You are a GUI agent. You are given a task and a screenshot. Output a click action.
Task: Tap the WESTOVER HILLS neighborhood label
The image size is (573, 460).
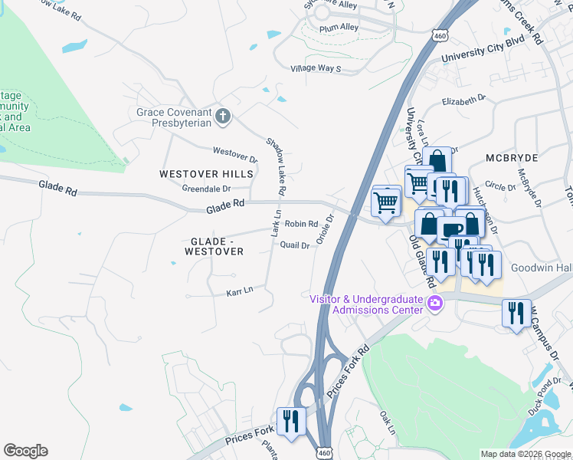(x=206, y=174)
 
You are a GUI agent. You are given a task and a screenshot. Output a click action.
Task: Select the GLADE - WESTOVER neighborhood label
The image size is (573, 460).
(x=217, y=245)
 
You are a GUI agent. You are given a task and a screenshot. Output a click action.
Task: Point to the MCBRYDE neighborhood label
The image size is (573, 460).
(x=512, y=157)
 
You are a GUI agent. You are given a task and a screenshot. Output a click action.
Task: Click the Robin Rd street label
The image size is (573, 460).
(x=301, y=224)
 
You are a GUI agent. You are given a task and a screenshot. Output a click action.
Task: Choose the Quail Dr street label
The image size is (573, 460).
(x=295, y=245)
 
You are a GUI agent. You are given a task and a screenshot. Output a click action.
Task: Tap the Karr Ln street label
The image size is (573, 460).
(x=239, y=292)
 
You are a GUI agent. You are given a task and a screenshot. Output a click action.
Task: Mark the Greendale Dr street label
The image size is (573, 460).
(x=206, y=189)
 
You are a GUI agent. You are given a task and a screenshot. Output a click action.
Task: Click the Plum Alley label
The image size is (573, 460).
(x=340, y=28)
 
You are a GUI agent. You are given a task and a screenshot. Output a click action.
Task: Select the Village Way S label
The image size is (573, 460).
(x=316, y=68)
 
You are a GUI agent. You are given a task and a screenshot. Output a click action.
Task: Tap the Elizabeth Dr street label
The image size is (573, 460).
(x=464, y=99)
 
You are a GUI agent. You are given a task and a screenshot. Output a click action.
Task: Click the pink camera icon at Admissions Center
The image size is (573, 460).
(x=435, y=304)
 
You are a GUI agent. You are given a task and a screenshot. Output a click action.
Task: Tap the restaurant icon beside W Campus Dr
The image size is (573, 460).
(x=516, y=313)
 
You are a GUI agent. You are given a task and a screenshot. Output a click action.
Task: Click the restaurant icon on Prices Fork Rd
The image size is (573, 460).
(x=292, y=421)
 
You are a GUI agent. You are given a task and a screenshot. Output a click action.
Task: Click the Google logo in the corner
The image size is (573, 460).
(x=25, y=451)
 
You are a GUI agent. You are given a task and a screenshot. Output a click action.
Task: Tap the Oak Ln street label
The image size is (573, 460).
(x=387, y=423)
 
